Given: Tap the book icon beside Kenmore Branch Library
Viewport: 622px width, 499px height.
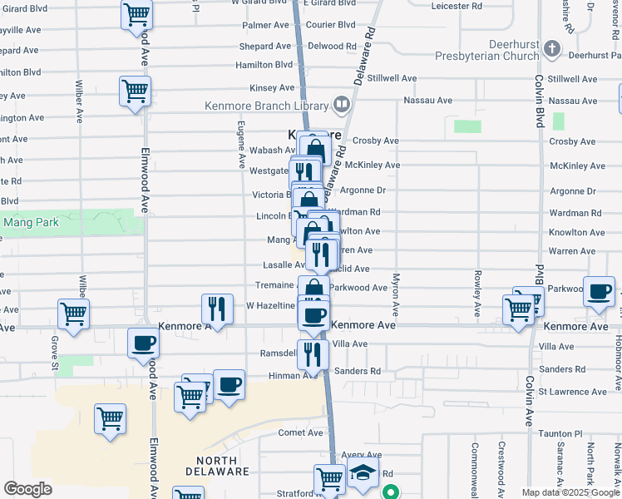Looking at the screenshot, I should [x=340, y=105].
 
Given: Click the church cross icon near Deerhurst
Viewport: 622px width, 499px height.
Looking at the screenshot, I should [x=550, y=50].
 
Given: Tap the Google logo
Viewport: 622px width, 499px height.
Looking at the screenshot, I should [x=28, y=489].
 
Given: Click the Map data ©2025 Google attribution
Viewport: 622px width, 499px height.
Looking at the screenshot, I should [x=570, y=492].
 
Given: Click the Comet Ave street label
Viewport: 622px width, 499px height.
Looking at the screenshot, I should [x=300, y=432].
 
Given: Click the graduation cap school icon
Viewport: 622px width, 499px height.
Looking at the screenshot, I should [x=363, y=474].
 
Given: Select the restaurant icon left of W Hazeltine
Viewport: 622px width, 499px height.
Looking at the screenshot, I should [x=216, y=309].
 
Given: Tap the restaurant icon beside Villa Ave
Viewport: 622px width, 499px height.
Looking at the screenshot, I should [x=313, y=353].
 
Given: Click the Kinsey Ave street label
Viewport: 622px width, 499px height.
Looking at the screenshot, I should [x=272, y=87].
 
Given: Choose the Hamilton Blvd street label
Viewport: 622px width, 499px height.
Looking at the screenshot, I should [x=264, y=65].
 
